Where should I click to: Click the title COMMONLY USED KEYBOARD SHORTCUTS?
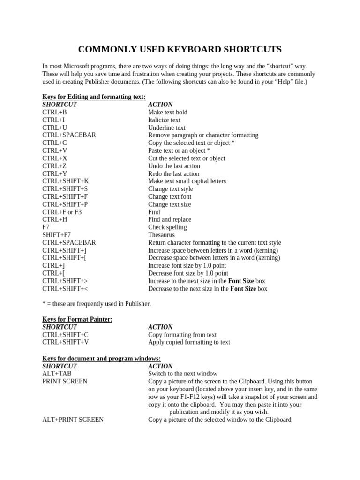click(180, 50)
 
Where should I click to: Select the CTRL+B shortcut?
click(54, 112)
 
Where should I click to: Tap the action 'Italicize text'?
click(164, 120)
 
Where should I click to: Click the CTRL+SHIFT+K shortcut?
click(65, 181)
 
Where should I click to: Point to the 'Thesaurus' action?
click(161, 235)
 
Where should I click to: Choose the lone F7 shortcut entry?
click(46, 227)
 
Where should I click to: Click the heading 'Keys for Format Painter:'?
click(77, 319)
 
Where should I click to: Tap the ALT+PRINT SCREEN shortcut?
click(73, 420)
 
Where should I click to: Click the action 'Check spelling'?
click(167, 227)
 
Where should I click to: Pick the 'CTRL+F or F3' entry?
click(62, 212)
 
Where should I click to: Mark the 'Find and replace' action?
click(170, 219)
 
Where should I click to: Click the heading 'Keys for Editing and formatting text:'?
click(94, 97)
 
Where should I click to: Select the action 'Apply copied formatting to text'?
click(189, 342)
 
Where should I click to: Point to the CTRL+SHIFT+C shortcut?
click(65, 335)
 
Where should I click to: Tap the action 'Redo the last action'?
click(173, 174)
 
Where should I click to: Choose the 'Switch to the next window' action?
click(183, 374)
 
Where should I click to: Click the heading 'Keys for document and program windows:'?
click(101, 359)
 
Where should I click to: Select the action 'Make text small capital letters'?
click(187, 181)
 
